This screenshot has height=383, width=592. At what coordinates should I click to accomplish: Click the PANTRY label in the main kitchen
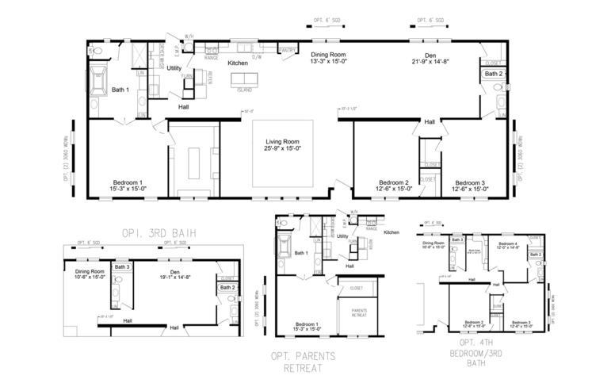287,50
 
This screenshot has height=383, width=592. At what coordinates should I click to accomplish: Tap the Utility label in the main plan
174,69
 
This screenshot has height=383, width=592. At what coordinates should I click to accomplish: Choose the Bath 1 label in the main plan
120,90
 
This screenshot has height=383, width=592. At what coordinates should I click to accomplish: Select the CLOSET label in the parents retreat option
357,288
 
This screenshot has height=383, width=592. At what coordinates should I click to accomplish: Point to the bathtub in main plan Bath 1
98,80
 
